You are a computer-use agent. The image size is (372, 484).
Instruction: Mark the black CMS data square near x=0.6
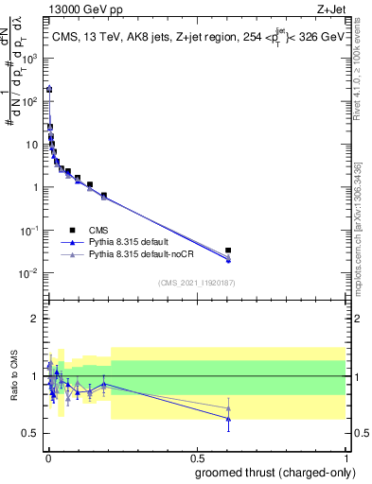228,251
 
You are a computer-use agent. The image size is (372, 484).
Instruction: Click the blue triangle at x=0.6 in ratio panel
228,418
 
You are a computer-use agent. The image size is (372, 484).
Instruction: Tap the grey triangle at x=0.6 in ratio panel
228,408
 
